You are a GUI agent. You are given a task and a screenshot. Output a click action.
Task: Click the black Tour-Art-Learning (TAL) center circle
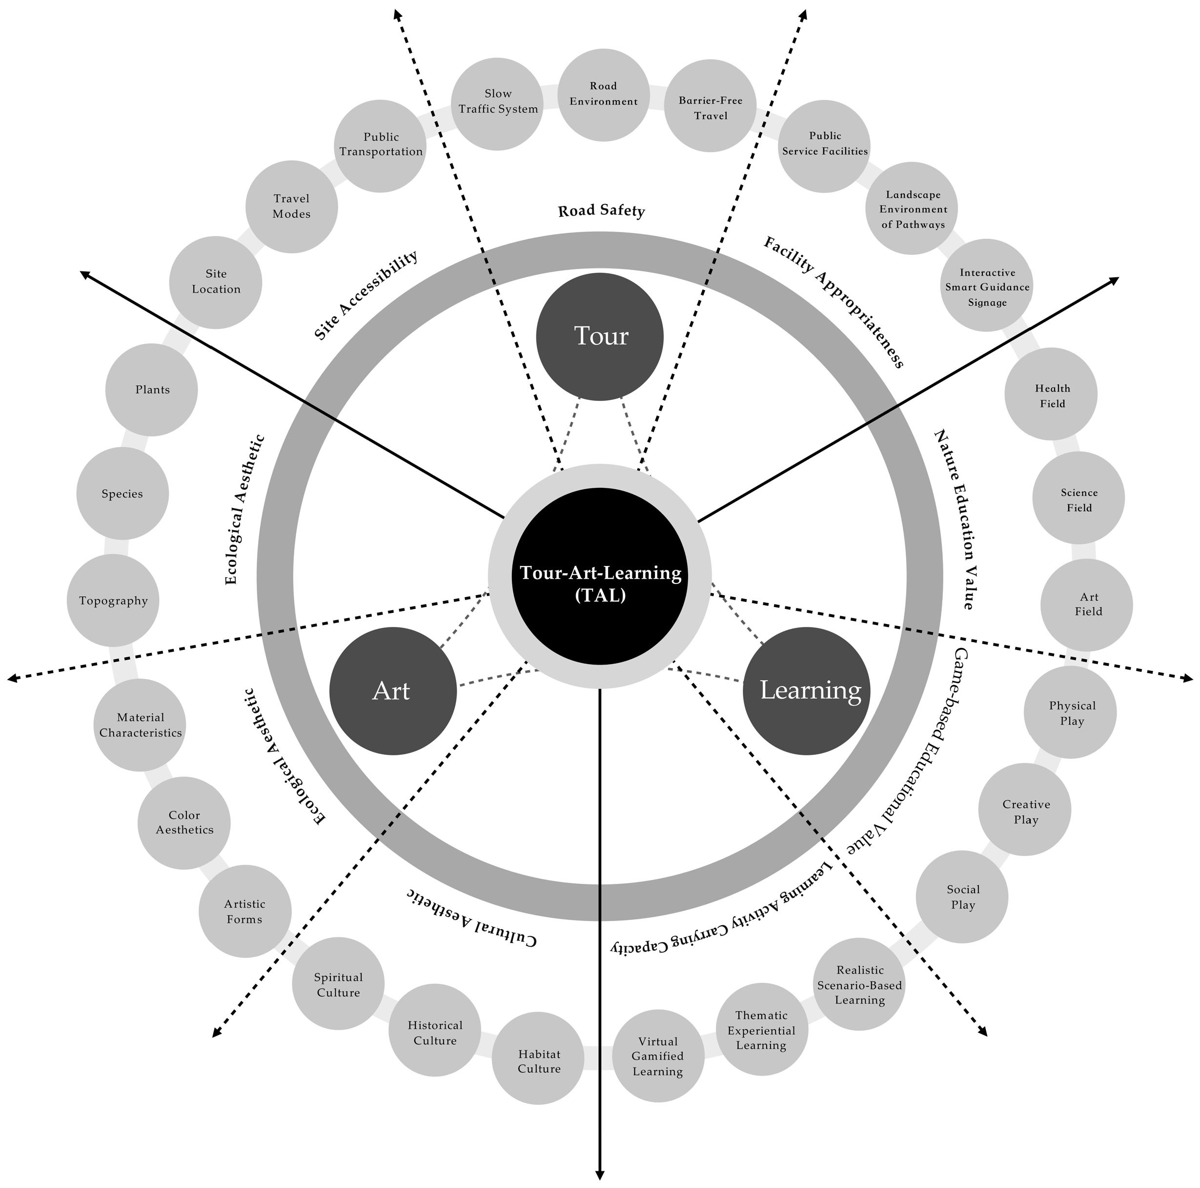pyautogui.click(x=600, y=576)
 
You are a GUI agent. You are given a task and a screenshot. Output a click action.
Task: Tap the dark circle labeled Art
pyautogui.click(x=392, y=691)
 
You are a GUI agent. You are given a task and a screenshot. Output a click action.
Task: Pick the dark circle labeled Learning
pyautogui.click(x=807, y=691)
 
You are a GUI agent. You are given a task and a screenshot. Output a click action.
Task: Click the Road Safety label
pyautogui.click(x=601, y=210)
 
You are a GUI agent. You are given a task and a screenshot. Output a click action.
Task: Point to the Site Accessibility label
pyautogui.click(x=365, y=295)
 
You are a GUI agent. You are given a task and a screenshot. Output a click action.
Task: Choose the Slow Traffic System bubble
pyautogui.click(x=497, y=104)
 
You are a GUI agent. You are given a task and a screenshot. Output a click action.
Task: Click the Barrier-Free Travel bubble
pyautogui.click(x=711, y=105)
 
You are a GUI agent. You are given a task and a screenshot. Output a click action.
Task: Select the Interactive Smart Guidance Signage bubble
pyautogui.click(x=987, y=287)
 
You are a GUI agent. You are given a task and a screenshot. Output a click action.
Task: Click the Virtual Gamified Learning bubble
pyautogui.click(x=658, y=1056)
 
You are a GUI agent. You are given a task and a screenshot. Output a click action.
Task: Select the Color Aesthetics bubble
pyautogui.click(x=184, y=823)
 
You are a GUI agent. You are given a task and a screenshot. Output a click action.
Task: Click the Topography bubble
pyautogui.click(x=113, y=601)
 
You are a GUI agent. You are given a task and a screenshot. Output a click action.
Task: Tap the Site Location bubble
pyautogui.click(x=216, y=283)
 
